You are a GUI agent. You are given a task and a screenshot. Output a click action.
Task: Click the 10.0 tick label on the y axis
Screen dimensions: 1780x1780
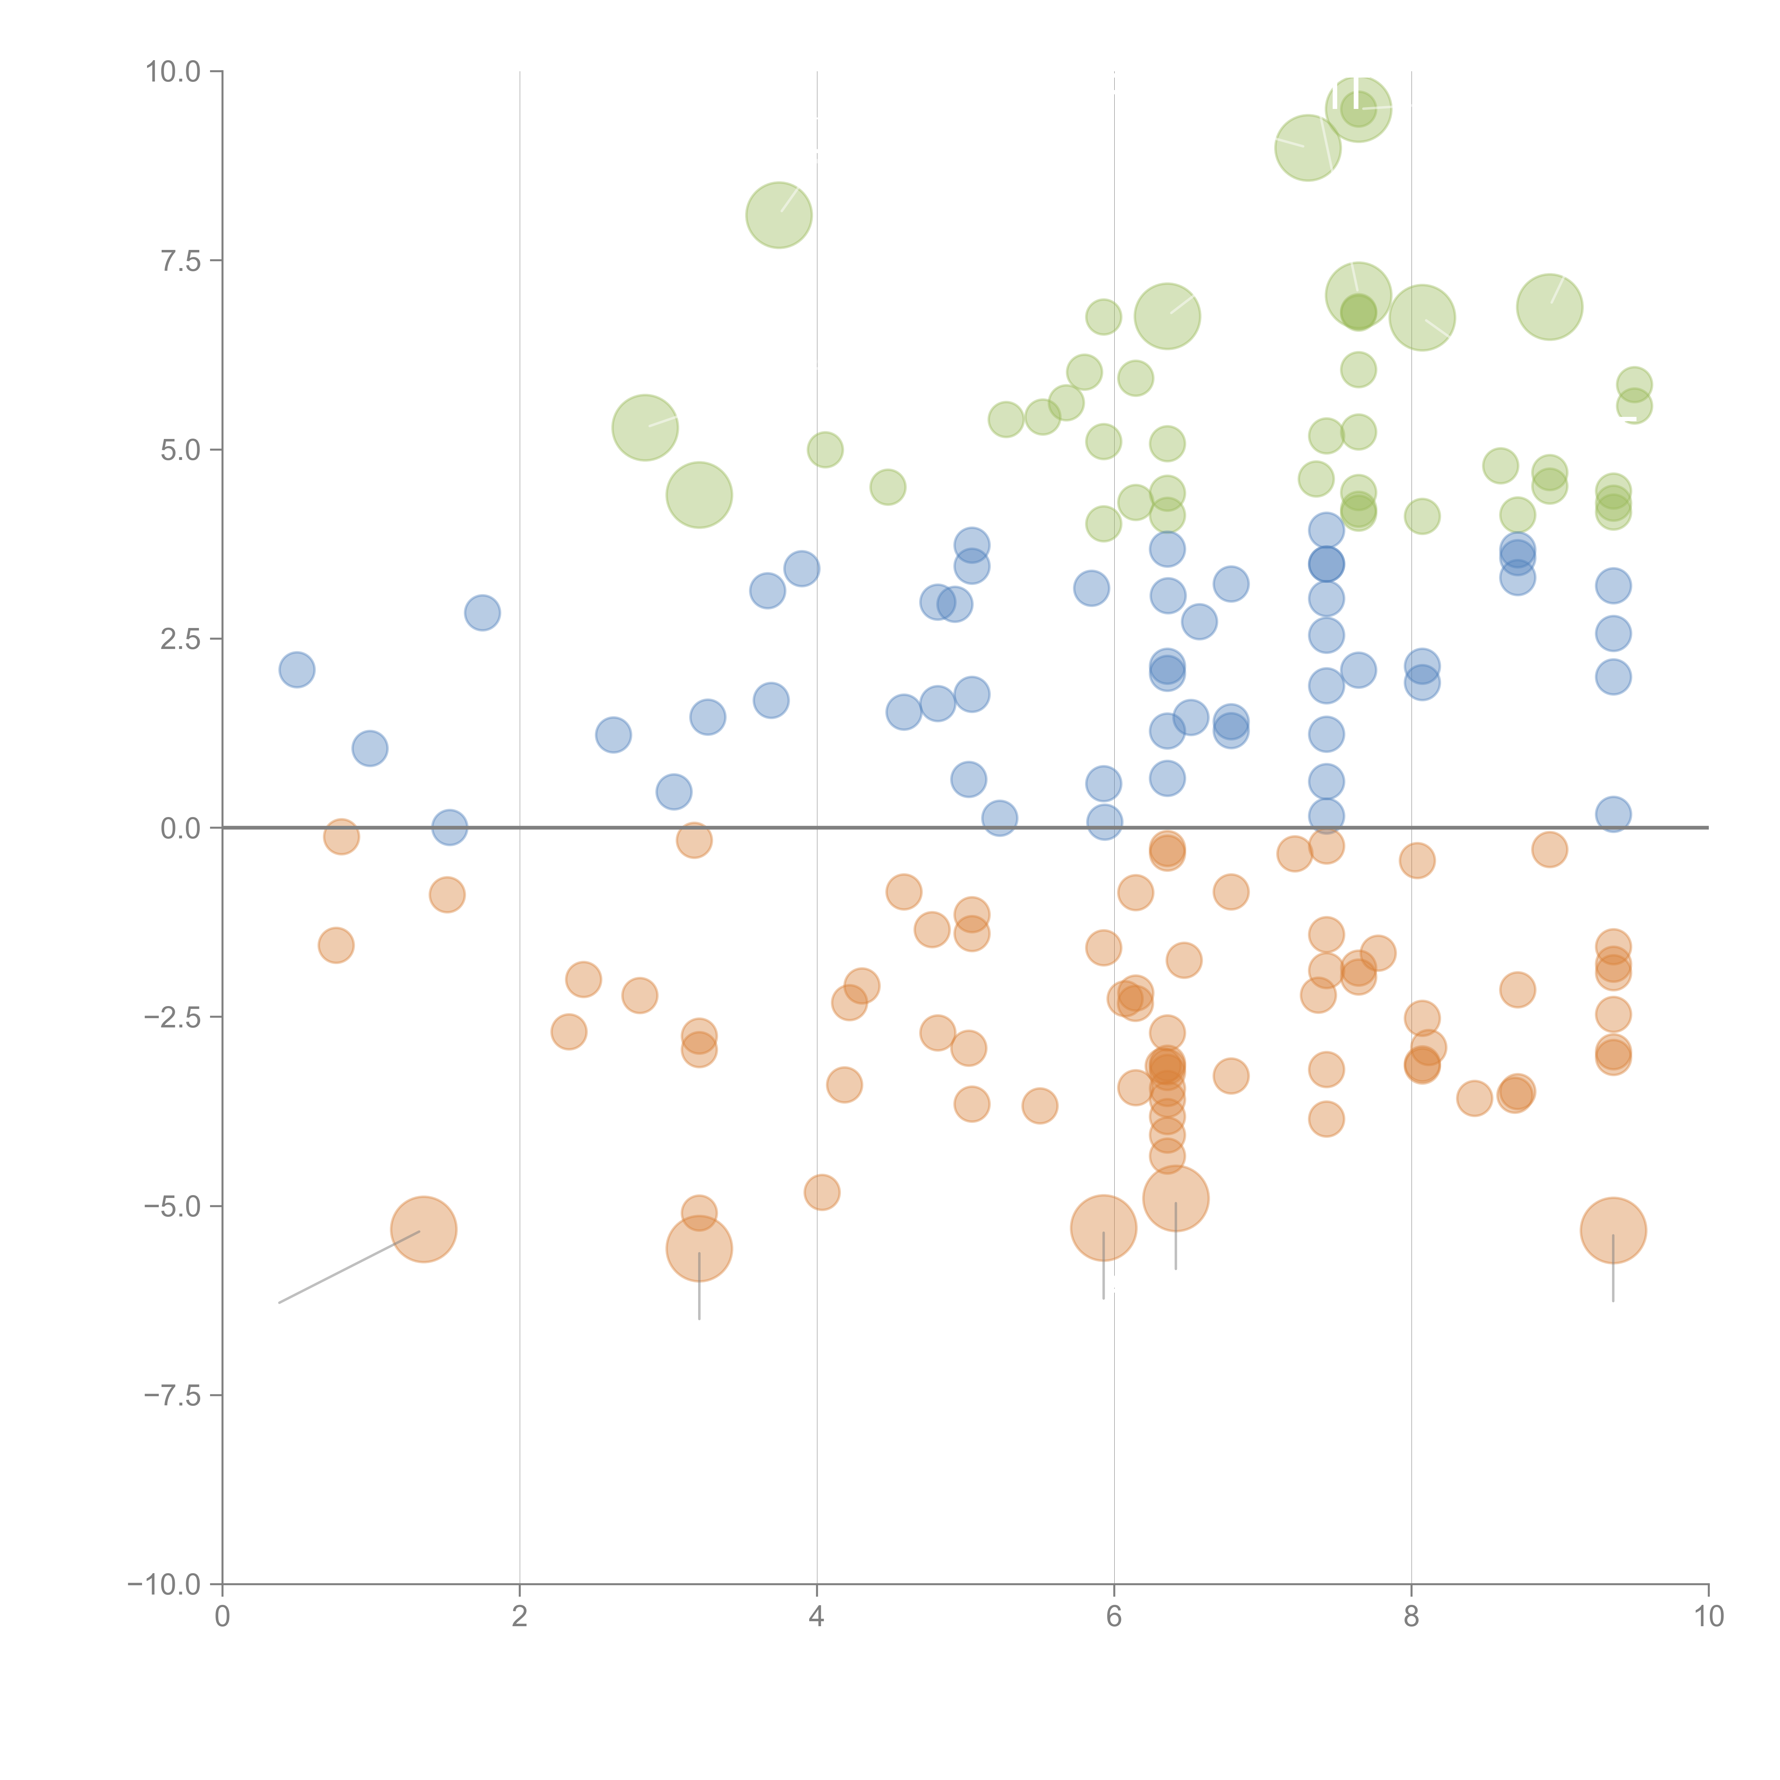coord(173,72)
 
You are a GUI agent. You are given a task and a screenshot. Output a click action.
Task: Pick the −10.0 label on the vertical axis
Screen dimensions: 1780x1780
coord(164,1585)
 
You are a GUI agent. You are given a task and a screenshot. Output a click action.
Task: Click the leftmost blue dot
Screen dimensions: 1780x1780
coord(297,670)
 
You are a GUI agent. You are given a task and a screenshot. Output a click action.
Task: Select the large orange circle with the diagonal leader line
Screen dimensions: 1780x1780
coord(424,1230)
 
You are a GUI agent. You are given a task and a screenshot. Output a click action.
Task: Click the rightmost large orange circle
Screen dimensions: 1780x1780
coord(1613,1230)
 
